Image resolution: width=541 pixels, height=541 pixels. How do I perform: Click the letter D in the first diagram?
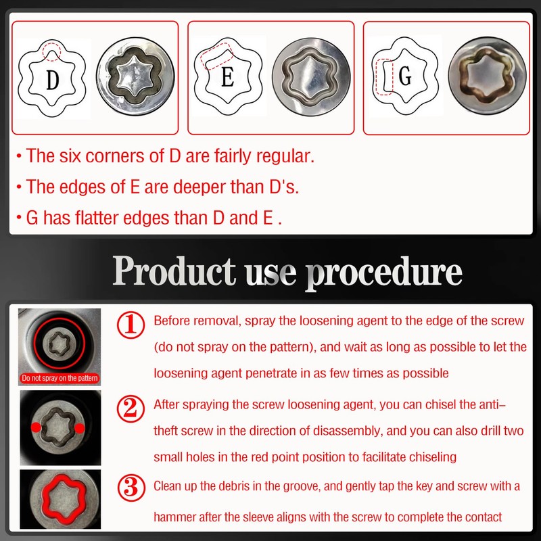point(53,80)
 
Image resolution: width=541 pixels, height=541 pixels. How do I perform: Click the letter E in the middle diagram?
point(227,79)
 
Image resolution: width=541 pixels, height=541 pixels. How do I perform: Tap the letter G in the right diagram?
point(405,77)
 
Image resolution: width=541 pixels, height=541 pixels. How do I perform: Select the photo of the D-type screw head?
point(136,78)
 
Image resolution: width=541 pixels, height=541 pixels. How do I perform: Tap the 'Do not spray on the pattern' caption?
point(60,378)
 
